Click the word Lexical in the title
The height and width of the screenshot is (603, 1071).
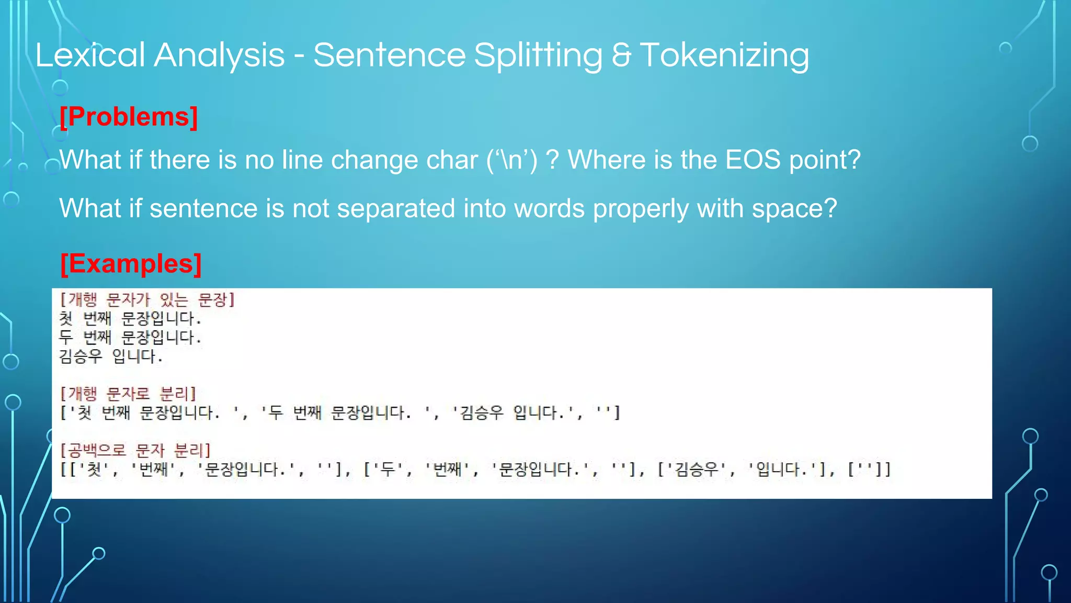pos(89,55)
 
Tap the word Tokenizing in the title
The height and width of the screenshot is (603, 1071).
pos(724,55)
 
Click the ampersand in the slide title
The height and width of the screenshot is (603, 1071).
pos(621,55)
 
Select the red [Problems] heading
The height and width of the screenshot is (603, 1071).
pos(129,116)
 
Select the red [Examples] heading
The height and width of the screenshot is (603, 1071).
pos(131,263)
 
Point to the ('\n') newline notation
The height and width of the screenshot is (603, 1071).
pos(511,160)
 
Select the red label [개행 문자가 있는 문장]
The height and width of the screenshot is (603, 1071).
pos(147,300)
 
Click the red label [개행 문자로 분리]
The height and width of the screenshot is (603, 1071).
pos(128,394)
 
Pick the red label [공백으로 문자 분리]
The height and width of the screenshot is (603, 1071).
pos(135,450)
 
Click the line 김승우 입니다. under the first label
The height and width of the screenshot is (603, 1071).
pos(111,357)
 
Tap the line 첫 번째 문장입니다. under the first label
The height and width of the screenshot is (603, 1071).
pos(130,318)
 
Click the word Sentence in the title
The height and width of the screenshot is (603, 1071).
pos(389,55)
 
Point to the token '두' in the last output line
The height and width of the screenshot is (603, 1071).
pos(388,469)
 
